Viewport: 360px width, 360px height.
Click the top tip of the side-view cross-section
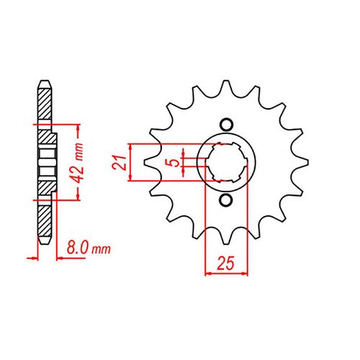[45, 81]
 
